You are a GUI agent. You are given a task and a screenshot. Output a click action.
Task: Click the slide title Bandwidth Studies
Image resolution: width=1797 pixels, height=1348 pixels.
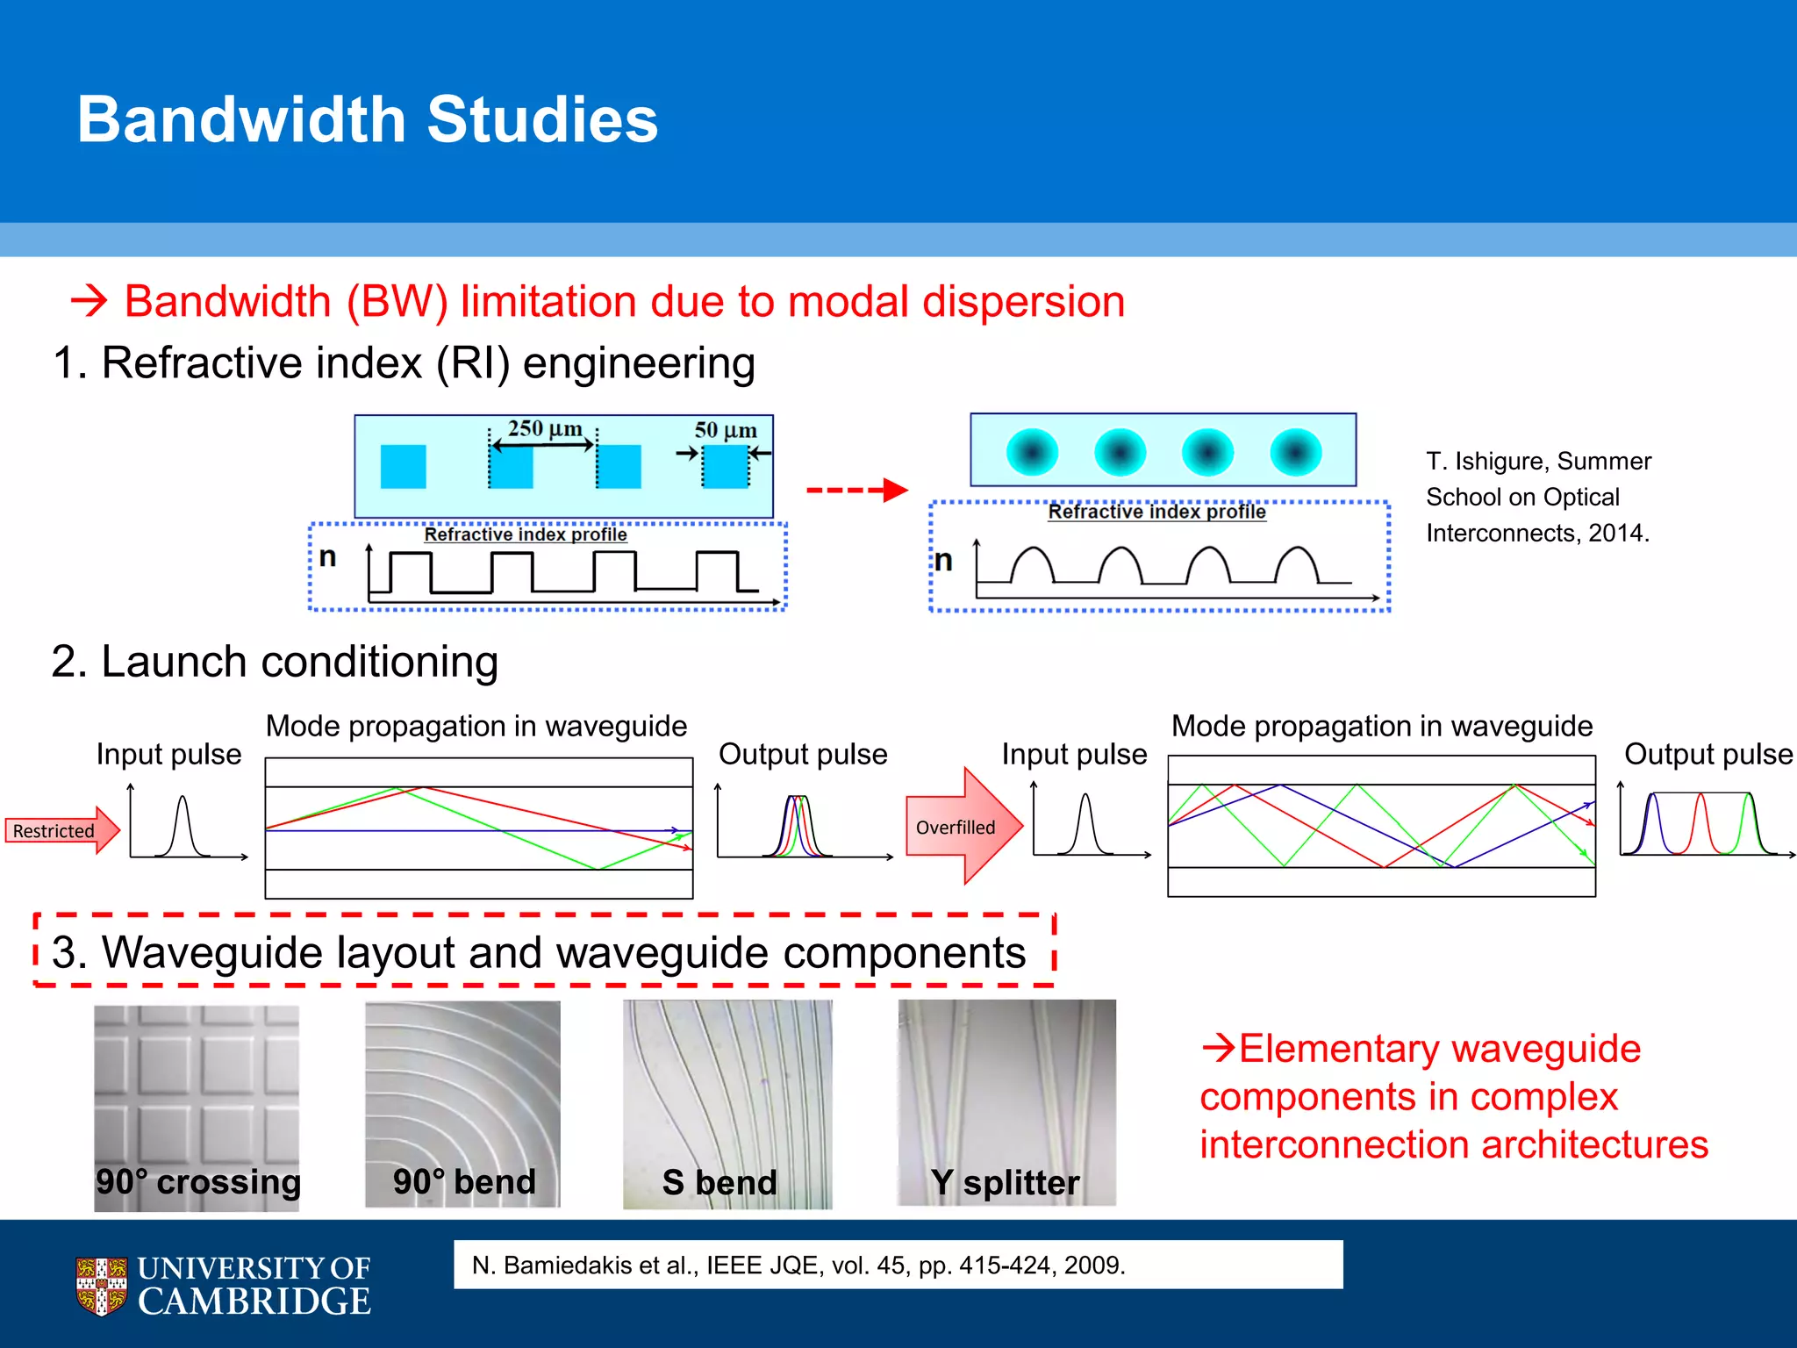point(367,119)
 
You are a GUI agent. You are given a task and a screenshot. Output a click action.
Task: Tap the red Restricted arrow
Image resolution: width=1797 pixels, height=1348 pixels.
point(61,830)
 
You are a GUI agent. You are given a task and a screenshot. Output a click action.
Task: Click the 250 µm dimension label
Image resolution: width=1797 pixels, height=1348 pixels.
point(544,429)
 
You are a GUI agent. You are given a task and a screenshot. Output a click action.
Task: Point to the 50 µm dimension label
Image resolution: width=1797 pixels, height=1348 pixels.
point(725,430)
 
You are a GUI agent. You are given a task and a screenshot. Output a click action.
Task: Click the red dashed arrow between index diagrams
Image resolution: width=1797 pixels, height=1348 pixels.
point(856,490)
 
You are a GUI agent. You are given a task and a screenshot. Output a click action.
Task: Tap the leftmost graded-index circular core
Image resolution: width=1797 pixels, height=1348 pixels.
point(1032,452)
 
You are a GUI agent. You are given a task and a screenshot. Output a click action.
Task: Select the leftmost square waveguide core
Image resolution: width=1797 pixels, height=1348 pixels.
point(403,466)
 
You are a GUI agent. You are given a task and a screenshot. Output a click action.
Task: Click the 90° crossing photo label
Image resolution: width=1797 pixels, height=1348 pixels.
point(198,1181)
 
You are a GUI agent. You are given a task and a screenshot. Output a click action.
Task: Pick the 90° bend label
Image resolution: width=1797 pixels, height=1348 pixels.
point(463,1181)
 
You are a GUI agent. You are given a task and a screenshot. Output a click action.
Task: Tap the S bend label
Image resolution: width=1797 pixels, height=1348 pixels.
point(720,1182)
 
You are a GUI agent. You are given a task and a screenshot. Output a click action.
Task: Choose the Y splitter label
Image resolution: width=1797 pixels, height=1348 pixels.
point(1005,1182)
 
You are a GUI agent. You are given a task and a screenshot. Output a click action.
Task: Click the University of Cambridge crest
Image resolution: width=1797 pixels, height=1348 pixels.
point(101,1286)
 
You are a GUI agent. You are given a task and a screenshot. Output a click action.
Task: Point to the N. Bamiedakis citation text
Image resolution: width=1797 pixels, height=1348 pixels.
point(798,1265)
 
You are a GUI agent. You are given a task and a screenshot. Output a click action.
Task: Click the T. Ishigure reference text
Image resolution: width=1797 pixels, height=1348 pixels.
point(1538,497)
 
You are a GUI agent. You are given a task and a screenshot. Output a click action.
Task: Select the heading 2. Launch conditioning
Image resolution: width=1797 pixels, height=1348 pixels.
point(275,661)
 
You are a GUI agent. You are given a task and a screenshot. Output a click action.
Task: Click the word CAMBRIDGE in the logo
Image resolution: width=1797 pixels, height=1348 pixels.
point(254,1301)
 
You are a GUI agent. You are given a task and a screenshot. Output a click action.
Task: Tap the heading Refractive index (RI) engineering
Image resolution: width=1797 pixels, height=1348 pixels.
point(404,362)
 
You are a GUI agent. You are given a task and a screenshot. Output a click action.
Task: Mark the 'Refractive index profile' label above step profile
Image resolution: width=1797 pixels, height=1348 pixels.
point(525,534)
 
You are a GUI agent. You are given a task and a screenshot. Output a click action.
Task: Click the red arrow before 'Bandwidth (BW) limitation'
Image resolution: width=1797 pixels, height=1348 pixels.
point(89,301)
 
